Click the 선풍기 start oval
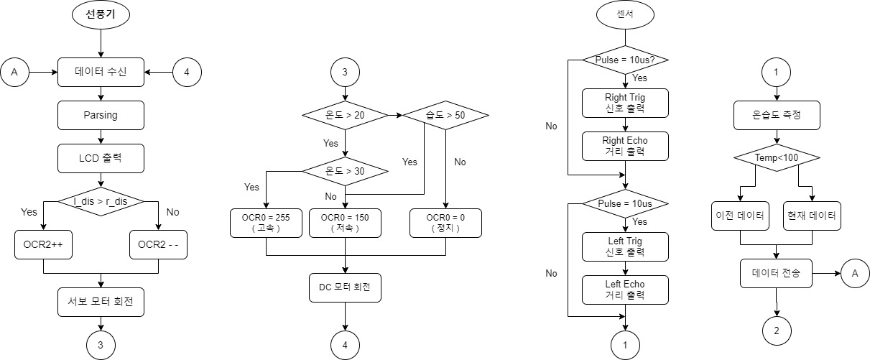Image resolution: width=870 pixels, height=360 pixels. point(101,14)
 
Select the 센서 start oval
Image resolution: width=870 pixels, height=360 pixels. point(625,14)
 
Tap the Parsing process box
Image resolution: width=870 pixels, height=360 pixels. point(101,115)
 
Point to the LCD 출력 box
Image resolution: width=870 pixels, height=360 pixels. point(101,157)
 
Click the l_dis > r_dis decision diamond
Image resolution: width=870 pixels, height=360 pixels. point(101,201)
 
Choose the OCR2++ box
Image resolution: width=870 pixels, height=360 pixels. point(43,244)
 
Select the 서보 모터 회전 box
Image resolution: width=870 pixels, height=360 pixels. point(101,302)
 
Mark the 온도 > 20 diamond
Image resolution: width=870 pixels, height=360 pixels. point(345,115)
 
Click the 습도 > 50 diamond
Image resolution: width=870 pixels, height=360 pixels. point(445,115)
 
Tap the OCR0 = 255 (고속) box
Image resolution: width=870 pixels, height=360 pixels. point(266,223)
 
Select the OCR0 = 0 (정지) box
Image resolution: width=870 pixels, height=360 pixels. point(445,223)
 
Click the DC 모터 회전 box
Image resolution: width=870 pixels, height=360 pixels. point(345,287)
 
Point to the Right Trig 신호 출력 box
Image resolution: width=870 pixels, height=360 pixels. point(625,103)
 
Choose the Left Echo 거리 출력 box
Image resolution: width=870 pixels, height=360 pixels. point(625,290)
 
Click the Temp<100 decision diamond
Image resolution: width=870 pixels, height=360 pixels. point(776,158)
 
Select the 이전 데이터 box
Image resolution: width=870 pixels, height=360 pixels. point(739,216)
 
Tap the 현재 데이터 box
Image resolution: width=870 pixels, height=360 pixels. point(812,216)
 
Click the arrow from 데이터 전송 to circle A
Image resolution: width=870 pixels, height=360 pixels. point(826,273)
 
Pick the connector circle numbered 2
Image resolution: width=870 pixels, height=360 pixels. point(776,331)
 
